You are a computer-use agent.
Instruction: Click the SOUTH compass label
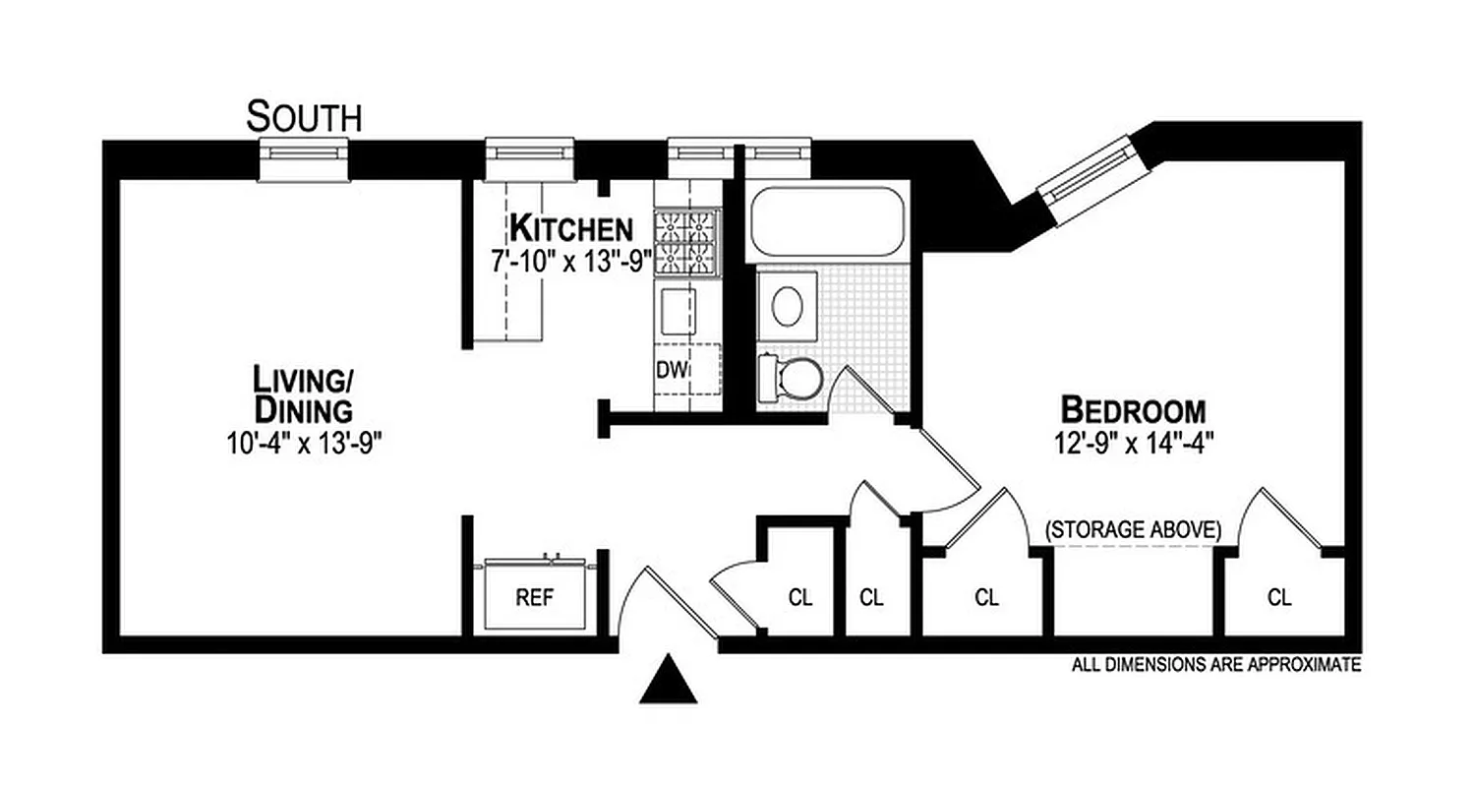click(304, 117)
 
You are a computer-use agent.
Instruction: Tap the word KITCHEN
click(570, 229)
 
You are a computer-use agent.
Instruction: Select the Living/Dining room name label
click(302, 393)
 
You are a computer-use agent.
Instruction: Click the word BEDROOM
click(1133, 408)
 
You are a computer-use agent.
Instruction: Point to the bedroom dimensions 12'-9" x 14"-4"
click(1133, 441)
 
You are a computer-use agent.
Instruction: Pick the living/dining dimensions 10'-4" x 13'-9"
click(302, 442)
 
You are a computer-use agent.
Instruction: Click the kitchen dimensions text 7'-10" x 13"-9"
click(571, 263)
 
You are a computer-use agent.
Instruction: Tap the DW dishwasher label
click(671, 371)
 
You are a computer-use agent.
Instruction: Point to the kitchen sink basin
click(676, 311)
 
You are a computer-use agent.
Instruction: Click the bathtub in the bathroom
click(827, 223)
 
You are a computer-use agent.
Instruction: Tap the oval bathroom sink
click(787, 307)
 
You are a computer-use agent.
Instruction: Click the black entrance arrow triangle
click(669, 681)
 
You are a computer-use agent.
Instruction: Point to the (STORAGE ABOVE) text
click(1133, 529)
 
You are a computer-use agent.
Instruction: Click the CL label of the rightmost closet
click(1279, 597)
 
